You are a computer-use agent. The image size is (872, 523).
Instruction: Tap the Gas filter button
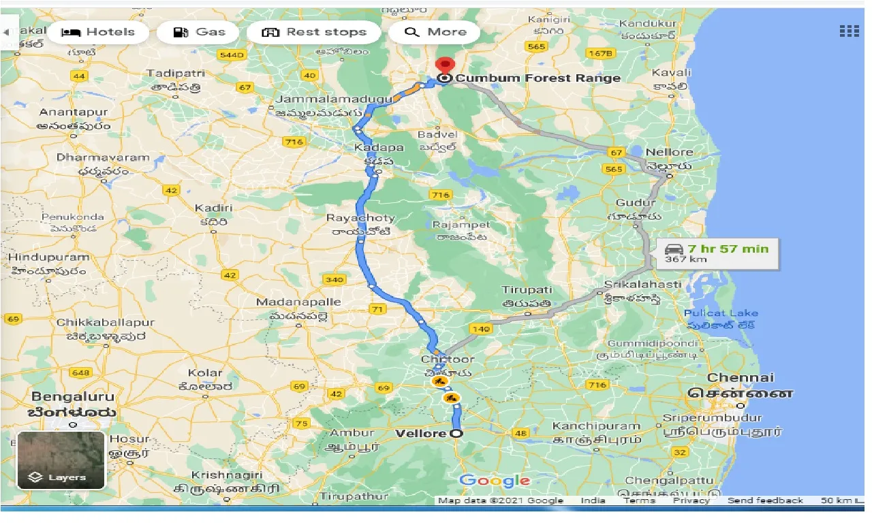click(198, 32)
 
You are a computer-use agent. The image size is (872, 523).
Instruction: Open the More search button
click(434, 32)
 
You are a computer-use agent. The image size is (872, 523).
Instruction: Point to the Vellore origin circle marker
click(455, 434)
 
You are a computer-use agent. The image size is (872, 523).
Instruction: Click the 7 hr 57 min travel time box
click(719, 253)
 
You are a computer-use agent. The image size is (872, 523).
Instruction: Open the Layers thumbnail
click(61, 460)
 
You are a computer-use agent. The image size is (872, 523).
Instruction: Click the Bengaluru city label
click(74, 396)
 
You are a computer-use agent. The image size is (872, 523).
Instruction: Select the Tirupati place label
click(527, 290)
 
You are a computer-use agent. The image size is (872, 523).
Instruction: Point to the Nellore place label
click(669, 152)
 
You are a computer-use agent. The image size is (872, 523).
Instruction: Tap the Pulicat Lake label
click(721, 313)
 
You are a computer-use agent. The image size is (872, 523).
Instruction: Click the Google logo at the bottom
click(495, 481)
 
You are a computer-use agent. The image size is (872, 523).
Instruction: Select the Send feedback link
click(765, 501)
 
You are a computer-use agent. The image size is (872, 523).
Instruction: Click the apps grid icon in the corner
click(849, 31)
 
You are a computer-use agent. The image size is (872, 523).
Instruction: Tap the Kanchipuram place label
click(596, 426)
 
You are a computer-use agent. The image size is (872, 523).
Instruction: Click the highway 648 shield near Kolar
click(80, 373)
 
